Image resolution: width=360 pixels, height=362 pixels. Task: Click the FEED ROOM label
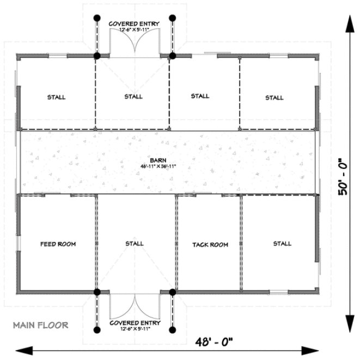point(58,244)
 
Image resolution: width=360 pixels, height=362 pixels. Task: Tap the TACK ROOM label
point(210,245)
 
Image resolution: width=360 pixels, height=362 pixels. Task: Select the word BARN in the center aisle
point(159,160)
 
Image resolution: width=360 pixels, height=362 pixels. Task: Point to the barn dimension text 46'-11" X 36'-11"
point(159,166)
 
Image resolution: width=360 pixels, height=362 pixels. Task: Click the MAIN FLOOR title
point(41,325)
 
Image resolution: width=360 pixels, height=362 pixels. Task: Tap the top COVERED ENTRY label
point(134,24)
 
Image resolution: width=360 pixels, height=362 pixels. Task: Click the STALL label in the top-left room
point(56,97)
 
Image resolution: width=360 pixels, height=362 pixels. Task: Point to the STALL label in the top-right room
point(274,98)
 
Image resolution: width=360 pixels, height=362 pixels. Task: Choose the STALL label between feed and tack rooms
point(134,243)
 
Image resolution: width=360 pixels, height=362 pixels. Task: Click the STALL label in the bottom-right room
point(282,243)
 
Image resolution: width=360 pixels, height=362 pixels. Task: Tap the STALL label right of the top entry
point(200,96)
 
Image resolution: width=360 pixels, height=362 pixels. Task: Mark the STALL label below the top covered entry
point(133,96)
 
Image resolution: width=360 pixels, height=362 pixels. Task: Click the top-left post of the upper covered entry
point(97,17)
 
